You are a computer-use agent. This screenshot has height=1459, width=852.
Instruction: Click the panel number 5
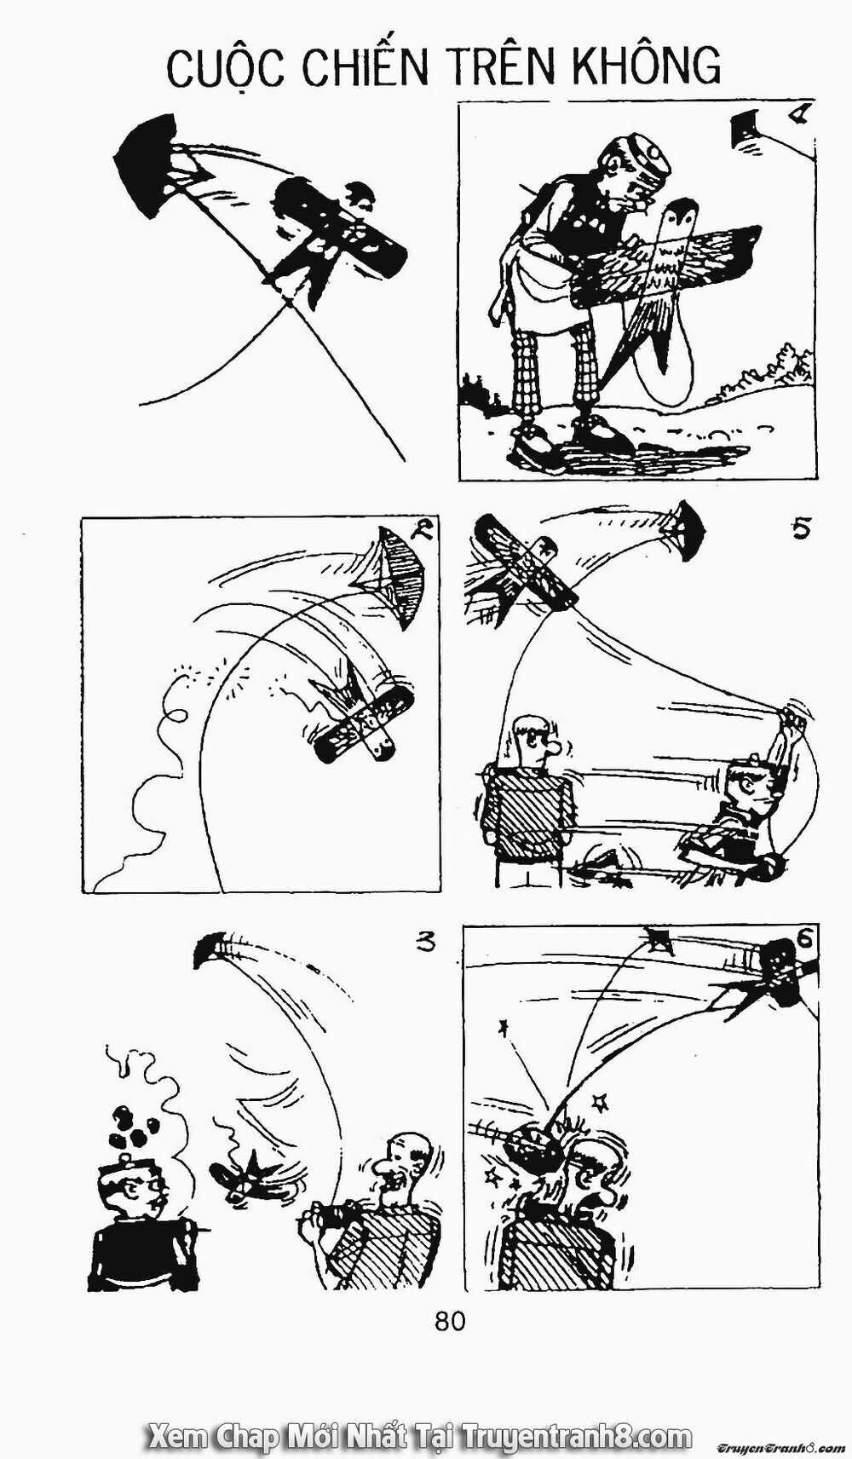click(x=801, y=529)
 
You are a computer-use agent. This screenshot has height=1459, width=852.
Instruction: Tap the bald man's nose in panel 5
click(x=555, y=749)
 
